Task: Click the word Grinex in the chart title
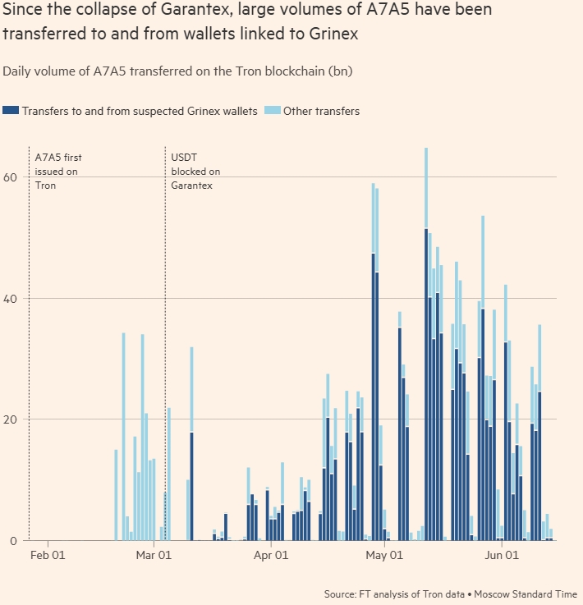coord(332,35)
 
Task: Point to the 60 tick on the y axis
coord(11,176)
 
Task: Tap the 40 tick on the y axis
coord(11,298)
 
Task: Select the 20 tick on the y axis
coord(11,419)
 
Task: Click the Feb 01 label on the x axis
coord(48,556)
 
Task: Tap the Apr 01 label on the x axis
coord(271,556)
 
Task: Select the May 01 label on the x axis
coord(384,556)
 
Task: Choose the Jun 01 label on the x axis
coord(500,556)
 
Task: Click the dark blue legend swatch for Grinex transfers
coord(11,111)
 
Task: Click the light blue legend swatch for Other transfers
coord(272,111)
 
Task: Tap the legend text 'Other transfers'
coord(321,111)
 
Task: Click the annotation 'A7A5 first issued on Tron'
coord(57,171)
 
